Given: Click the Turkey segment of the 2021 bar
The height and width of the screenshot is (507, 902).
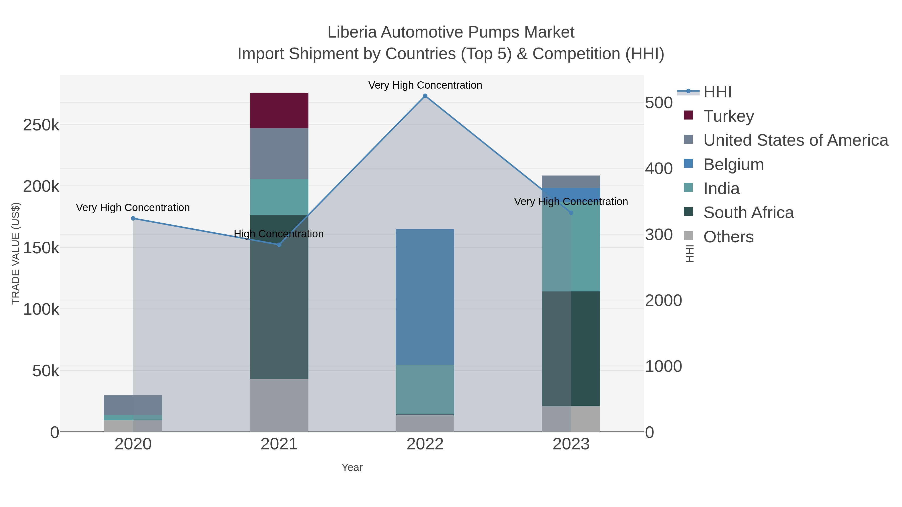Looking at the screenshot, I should click(279, 111).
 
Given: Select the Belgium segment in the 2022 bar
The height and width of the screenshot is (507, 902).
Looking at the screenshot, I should click(425, 297).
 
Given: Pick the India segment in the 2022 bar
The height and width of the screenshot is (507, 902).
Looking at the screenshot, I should click(425, 389).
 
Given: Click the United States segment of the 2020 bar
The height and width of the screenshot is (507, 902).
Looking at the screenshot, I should click(133, 405).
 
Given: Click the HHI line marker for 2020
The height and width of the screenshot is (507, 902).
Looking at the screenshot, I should click(133, 218).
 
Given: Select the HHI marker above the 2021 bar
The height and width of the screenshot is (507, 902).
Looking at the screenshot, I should click(279, 245).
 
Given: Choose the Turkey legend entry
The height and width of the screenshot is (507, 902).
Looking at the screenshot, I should click(728, 116).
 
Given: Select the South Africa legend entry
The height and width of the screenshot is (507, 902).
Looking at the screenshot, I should click(748, 213).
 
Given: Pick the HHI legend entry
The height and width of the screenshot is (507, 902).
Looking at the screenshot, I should click(717, 92).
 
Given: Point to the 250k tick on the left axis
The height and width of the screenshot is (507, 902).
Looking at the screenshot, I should click(41, 125).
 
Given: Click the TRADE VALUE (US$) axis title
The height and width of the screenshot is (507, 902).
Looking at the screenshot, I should click(16, 253).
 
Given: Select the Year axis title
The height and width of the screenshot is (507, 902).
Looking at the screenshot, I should click(352, 467).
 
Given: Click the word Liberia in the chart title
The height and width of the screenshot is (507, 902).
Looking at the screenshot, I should click(352, 32).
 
